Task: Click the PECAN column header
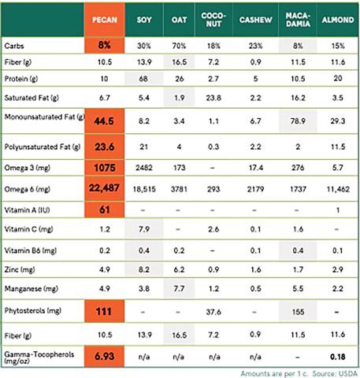tap(105, 20)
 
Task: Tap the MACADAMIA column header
tap(298, 20)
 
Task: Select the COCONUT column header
tap(213, 20)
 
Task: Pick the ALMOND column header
tap(338, 20)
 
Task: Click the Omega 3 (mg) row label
tap(28, 168)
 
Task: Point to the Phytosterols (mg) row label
tap(33, 311)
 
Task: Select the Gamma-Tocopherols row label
tap(39, 358)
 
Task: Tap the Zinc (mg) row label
tap(20, 270)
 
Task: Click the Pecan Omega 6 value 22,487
tap(104, 188)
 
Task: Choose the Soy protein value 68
tap(143, 79)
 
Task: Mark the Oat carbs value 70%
tap(179, 46)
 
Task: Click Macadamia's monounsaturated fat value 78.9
tap(298, 121)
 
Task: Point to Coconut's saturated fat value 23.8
tap(213, 98)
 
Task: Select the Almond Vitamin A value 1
tap(338, 210)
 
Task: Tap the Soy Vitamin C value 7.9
tap(144, 229)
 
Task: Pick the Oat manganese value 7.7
tap(179, 289)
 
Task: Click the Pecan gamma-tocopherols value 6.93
tap(104, 357)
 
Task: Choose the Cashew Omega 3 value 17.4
tap(256, 168)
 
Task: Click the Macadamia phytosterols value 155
tap(298, 312)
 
